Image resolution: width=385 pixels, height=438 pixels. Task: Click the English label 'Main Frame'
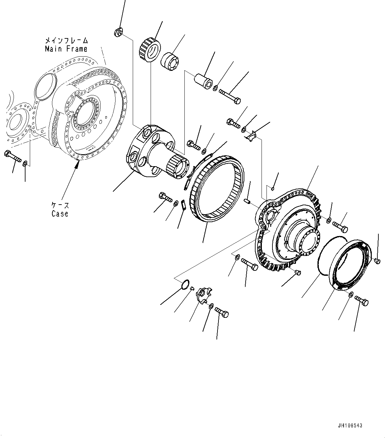click(x=66, y=49)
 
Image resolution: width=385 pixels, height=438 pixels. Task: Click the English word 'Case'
click(x=60, y=214)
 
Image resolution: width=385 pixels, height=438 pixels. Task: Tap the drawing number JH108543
click(x=350, y=425)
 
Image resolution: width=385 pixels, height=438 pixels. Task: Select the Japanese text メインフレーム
click(x=67, y=40)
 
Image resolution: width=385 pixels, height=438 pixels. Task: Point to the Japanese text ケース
click(x=60, y=205)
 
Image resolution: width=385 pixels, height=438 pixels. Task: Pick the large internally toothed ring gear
click(x=217, y=188)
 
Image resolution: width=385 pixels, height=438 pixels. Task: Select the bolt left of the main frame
click(x=13, y=157)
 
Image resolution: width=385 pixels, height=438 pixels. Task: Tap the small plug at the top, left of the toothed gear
click(x=118, y=32)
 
